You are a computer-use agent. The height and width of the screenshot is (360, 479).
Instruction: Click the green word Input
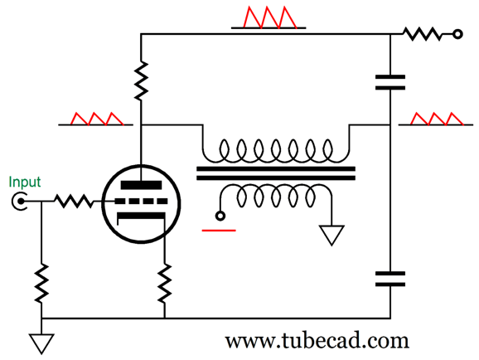tap(25, 182)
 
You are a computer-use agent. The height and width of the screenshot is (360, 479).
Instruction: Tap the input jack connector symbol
tap(20, 202)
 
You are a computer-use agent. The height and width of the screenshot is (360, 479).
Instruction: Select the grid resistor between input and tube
tap(73, 201)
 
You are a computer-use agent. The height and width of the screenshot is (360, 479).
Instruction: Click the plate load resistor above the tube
tap(141, 80)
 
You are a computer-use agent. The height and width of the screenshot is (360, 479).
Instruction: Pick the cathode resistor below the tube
tap(165, 283)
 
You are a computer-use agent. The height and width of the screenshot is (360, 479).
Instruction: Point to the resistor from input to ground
tap(41, 283)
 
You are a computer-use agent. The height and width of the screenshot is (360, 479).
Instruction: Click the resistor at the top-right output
tap(423, 34)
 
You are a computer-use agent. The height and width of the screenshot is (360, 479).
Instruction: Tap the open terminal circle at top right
tap(457, 34)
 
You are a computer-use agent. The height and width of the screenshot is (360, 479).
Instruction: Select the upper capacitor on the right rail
tap(390, 82)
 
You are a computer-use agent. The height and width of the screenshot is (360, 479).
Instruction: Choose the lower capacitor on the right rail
tap(390, 279)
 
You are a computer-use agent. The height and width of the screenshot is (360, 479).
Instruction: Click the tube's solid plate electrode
tap(141, 185)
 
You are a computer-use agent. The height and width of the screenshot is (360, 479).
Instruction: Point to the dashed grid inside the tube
tap(141, 202)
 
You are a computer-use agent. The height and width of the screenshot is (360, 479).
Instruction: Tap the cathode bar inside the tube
tap(141, 216)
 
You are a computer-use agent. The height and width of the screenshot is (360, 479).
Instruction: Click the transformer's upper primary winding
tap(276, 151)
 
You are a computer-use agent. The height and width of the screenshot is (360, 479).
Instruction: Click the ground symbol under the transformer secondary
tap(331, 235)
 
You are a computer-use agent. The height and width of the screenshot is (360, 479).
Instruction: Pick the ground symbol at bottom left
tap(41, 343)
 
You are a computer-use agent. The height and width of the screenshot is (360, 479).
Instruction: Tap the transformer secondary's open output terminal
tap(220, 216)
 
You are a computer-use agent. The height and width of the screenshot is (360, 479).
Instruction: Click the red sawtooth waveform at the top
tap(269, 17)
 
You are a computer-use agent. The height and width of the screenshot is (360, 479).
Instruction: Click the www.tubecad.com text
tap(317, 340)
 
